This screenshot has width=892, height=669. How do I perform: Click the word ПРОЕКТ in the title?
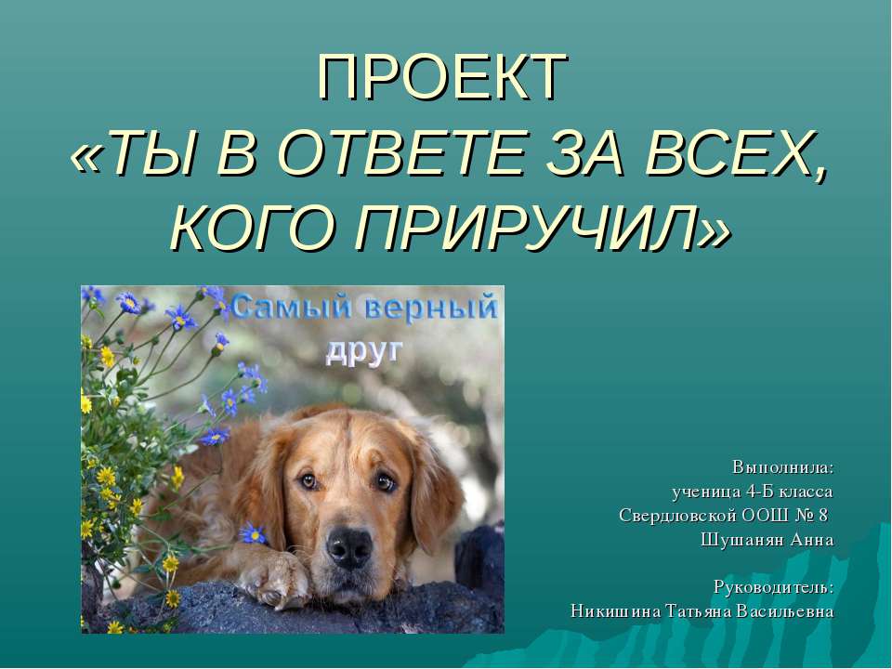(x=442, y=77)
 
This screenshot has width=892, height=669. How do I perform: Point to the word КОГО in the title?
(x=248, y=226)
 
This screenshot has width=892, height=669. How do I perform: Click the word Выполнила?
(x=782, y=466)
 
